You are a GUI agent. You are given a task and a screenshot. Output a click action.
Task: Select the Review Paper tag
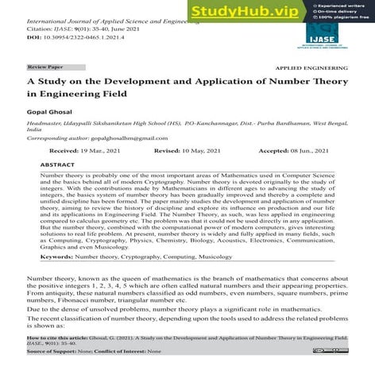46,68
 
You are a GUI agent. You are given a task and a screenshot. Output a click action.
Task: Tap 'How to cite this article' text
56,338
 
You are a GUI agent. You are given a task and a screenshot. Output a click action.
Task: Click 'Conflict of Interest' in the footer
121,352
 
